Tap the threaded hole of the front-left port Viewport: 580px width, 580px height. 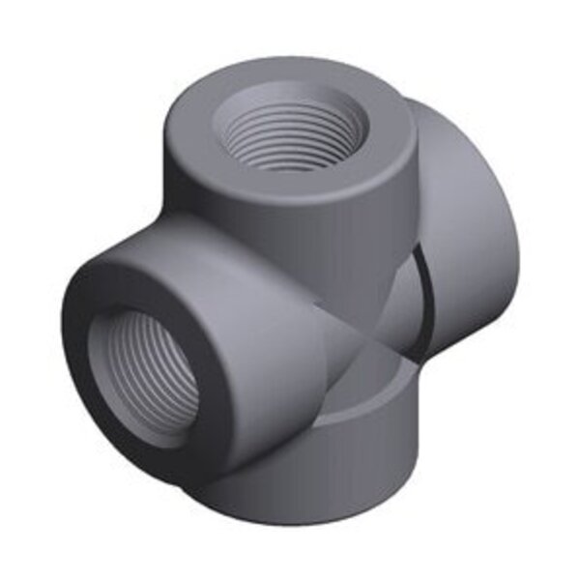click(142, 372)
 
